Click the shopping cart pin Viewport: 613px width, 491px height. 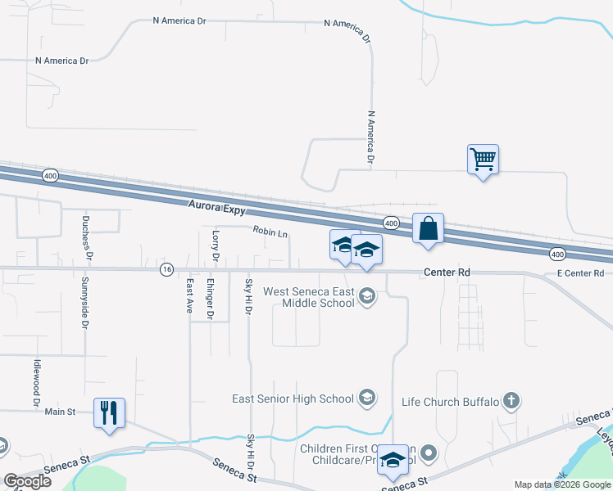(484, 159)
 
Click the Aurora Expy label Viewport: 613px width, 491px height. (217, 209)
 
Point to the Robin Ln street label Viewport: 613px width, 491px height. (270, 233)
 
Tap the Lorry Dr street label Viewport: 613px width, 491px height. (216, 245)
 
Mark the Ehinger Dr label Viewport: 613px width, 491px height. (210, 299)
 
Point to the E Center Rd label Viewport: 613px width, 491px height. (579, 273)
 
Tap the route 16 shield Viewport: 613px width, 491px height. (166, 269)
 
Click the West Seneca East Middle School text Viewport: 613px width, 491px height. (308, 297)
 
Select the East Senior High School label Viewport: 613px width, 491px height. (293, 399)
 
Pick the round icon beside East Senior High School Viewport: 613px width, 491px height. (367, 399)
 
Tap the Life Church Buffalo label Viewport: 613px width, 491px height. (450, 402)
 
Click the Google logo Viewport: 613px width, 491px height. (27, 481)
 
